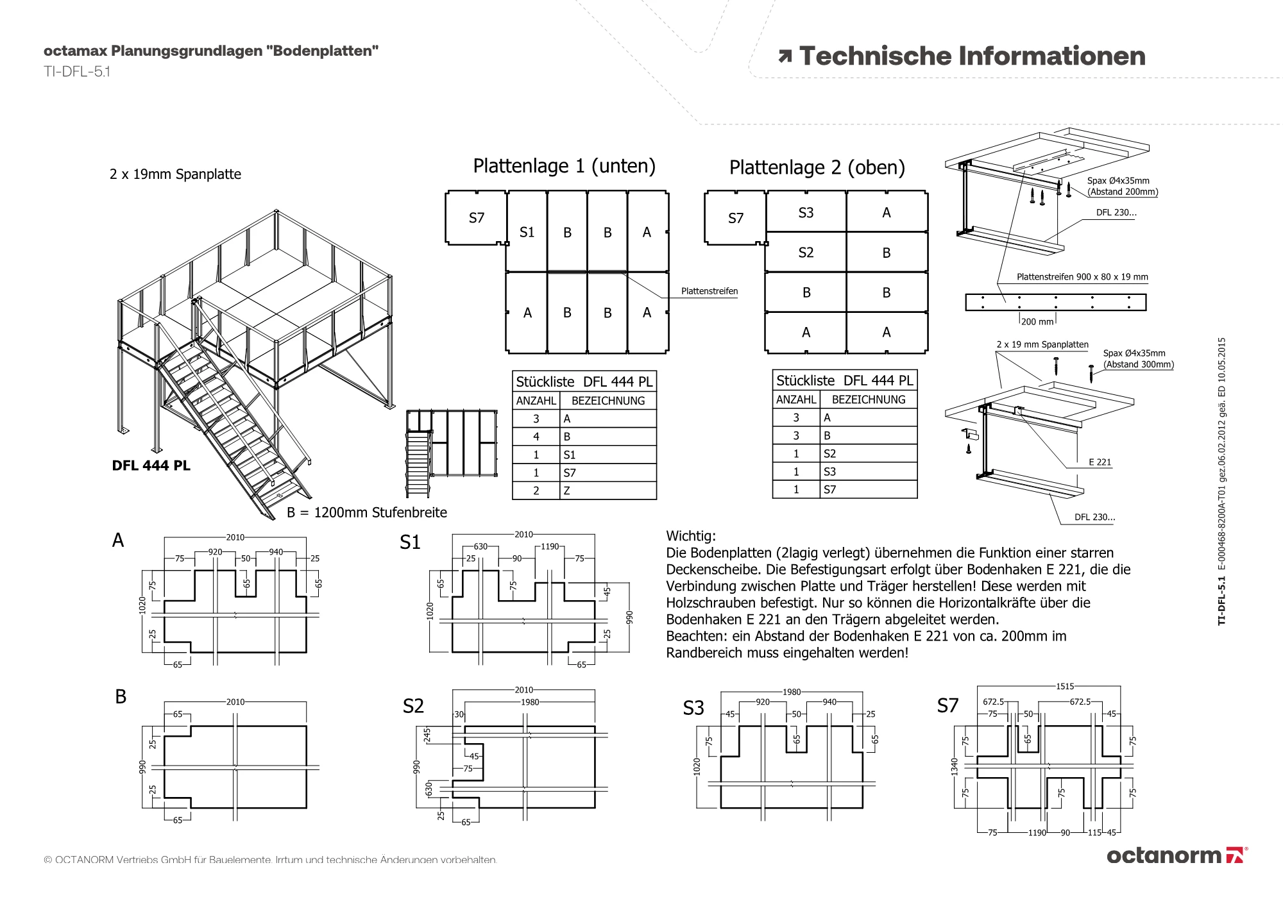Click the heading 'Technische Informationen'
(x=972, y=56)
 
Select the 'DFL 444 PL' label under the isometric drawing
(x=151, y=466)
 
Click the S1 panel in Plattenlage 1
(x=527, y=231)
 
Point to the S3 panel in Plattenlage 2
(x=806, y=212)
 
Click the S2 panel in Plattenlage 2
(x=806, y=252)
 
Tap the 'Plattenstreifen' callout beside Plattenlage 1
(x=709, y=291)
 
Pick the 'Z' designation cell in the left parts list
(x=609, y=491)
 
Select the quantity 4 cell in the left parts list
(x=536, y=437)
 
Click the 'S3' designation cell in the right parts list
(x=869, y=471)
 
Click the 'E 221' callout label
(x=1100, y=462)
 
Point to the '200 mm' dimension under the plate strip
(x=1037, y=321)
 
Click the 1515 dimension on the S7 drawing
(x=1065, y=686)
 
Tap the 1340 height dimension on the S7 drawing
(x=954, y=766)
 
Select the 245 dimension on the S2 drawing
(x=428, y=735)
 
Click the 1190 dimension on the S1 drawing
(x=550, y=546)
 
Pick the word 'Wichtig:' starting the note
(x=691, y=536)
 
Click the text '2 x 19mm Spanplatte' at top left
(x=175, y=174)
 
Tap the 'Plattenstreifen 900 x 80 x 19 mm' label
(x=1082, y=277)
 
